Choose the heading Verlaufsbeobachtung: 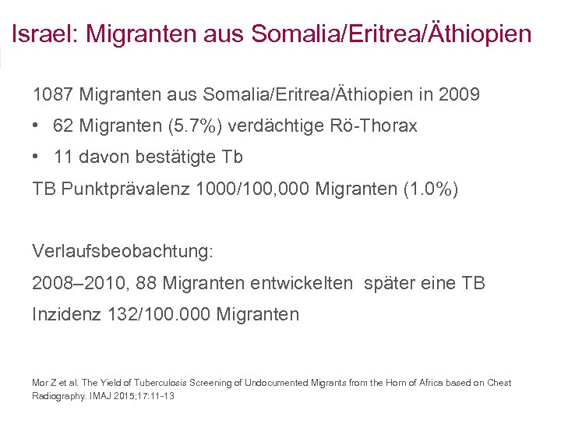pyautogui.click(x=122, y=252)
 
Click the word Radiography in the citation pyautogui.click(x=54, y=396)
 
